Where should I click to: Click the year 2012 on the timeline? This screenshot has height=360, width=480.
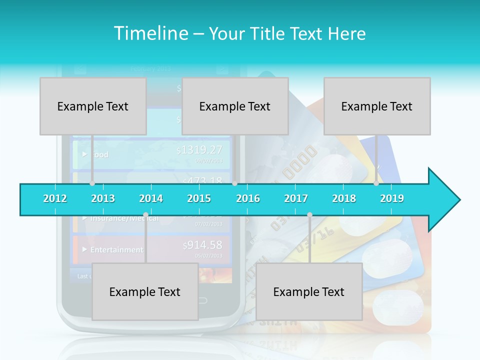(55, 198)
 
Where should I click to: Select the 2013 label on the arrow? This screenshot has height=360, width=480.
(103, 198)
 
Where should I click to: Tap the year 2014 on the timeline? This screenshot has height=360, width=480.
(151, 198)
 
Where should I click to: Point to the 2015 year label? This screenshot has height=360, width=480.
(199, 198)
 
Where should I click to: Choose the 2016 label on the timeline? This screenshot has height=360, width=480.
(248, 198)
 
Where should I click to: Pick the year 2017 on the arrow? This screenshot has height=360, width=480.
(296, 198)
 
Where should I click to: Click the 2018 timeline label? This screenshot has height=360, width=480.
(344, 198)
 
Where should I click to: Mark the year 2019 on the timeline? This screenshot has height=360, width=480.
(392, 198)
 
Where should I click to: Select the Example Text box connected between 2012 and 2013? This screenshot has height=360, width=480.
(93, 106)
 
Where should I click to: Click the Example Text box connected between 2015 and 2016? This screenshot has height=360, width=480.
(235, 106)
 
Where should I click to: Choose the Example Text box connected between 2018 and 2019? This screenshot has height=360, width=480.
(377, 106)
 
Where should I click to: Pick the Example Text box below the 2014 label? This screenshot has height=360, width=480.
(145, 291)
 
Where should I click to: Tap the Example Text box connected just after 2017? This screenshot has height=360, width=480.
(309, 291)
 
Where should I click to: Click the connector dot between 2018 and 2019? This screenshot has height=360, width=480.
(376, 183)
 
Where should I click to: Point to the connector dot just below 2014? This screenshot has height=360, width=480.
(145, 215)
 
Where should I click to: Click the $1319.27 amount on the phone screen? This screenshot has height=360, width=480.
(199, 149)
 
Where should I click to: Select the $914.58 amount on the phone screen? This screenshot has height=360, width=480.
(202, 245)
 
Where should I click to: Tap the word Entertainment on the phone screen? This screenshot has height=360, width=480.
(116, 249)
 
